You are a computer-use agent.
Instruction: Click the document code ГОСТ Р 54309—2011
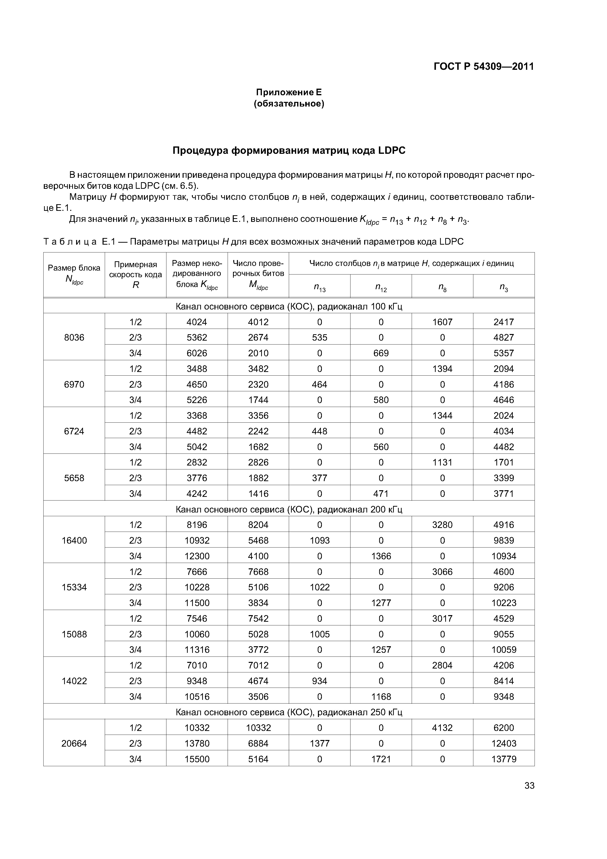pyautogui.click(x=484, y=67)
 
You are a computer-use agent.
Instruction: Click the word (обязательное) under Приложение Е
pyautogui.click(x=289, y=104)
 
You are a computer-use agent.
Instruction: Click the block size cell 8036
pyautogui.click(x=74, y=337)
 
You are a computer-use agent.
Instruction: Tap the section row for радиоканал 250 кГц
pyautogui.click(x=289, y=712)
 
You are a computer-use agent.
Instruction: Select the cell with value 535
pyautogui.click(x=319, y=337)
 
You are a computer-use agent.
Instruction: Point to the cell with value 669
pyautogui.click(x=381, y=353)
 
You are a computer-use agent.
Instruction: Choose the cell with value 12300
pyautogui.click(x=197, y=556)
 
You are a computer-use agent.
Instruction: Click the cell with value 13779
pyautogui.click(x=503, y=759)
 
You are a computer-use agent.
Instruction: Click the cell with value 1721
pyautogui.click(x=381, y=759)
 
